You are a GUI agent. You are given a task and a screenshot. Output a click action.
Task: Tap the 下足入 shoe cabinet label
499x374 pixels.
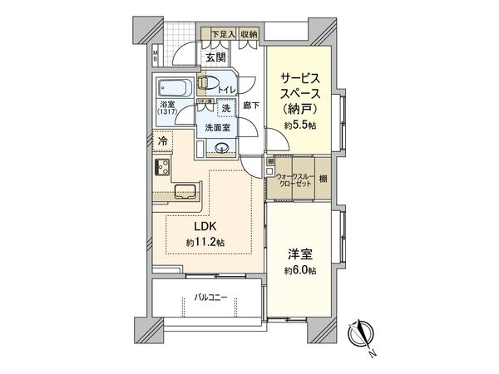221,34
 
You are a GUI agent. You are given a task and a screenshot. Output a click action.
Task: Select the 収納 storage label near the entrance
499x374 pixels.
249,34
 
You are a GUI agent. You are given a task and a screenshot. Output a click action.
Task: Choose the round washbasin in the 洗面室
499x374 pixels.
221,148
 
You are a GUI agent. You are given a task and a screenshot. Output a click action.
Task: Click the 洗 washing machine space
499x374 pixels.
225,108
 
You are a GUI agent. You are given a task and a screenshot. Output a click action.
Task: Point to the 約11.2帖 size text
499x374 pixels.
205,242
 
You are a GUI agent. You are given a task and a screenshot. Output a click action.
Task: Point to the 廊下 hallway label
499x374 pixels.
249,106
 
